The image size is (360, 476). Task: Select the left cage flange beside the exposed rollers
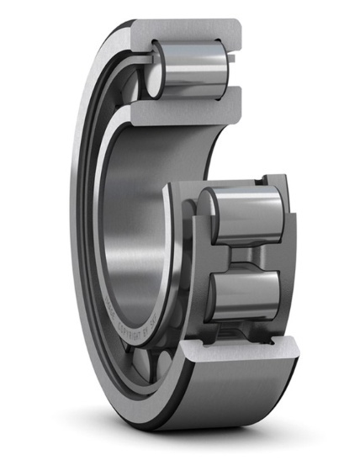(187, 252)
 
